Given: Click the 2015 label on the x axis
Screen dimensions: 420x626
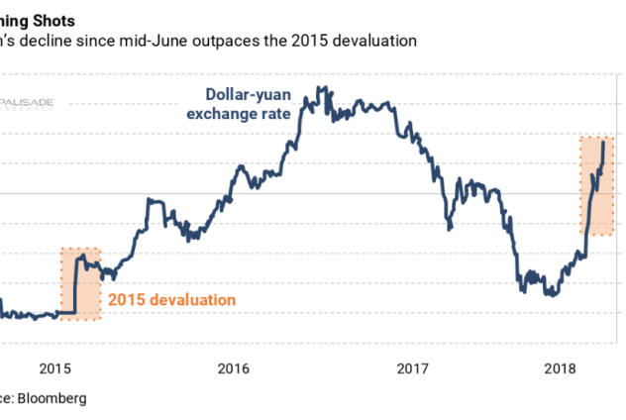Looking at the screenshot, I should click(x=55, y=368).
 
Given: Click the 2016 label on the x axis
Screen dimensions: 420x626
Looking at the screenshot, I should click(x=234, y=368).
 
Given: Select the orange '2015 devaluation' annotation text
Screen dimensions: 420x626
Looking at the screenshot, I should click(x=172, y=299).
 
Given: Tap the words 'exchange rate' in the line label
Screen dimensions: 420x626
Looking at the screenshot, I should click(x=248, y=114).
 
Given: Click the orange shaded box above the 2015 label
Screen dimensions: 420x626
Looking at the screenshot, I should click(x=81, y=283).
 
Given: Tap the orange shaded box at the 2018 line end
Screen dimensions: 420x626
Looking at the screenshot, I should click(x=596, y=185).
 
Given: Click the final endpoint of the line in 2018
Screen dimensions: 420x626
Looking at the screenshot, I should click(x=603, y=143).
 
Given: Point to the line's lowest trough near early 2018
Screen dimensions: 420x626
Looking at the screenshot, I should click(x=549, y=295).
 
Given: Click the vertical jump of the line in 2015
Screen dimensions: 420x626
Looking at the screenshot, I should click(x=75, y=287).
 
